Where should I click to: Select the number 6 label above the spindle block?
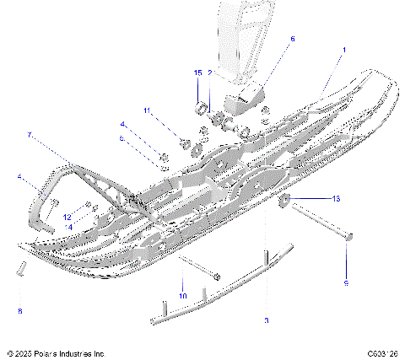click(x=293, y=38)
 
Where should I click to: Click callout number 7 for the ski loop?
click(x=29, y=135)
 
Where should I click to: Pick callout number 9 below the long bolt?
click(x=345, y=283)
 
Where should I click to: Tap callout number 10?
click(x=182, y=295)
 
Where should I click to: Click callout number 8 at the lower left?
click(x=20, y=311)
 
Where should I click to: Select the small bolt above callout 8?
click(x=21, y=269)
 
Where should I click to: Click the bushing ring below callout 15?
click(x=202, y=107)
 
